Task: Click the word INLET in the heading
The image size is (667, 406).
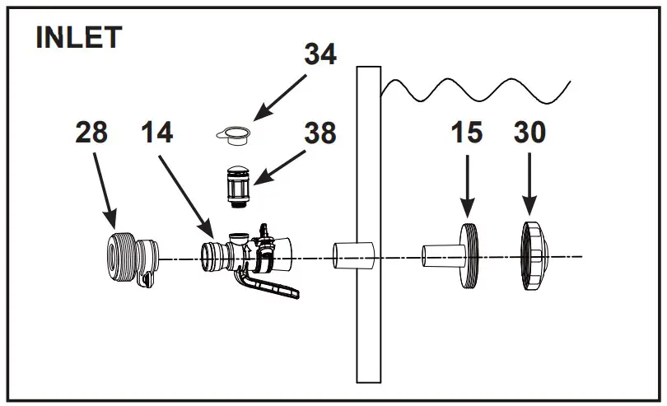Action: pos(79,38)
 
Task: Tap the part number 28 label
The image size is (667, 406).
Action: pos(91,132)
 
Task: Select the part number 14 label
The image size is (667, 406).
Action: pos(156,132)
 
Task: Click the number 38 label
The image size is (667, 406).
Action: pos(320,132)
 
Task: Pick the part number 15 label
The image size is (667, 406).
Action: pos(467,132)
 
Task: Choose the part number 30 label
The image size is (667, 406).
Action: pos(529,132)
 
